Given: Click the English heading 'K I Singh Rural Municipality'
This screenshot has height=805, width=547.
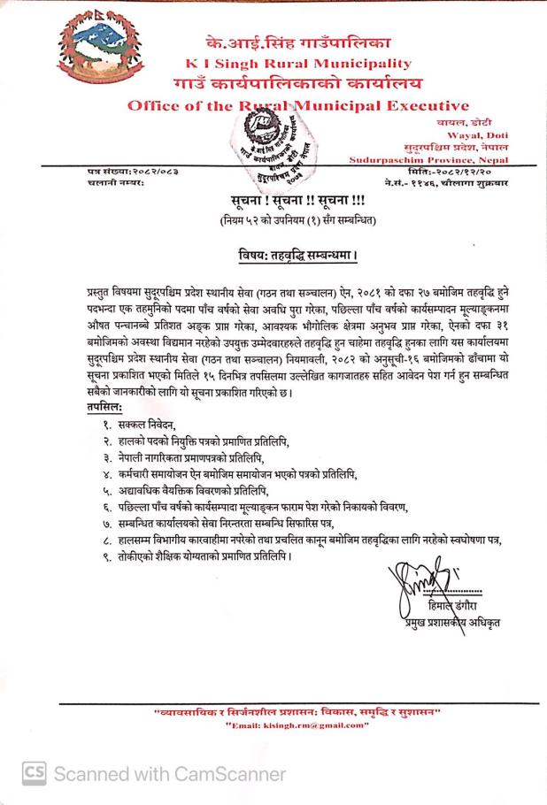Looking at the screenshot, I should tap(298, 64).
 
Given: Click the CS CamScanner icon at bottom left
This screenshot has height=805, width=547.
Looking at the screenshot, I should tap(34, 774).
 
